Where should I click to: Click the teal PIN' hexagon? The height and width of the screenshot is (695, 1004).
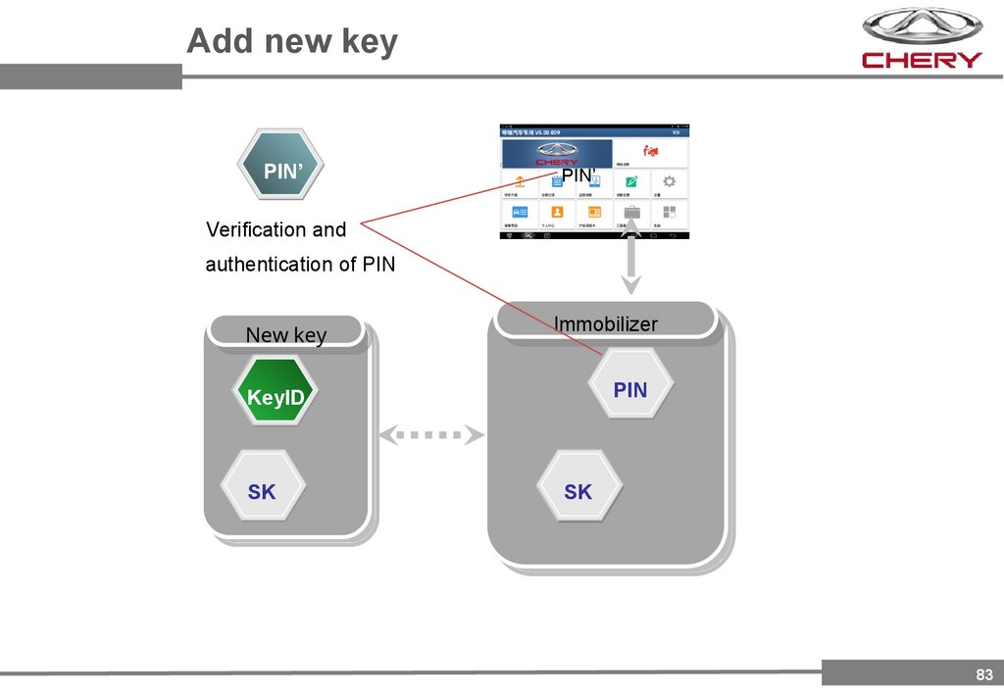[x=281, y=171]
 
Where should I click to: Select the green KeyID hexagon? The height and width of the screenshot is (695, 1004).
[x=276, y=397]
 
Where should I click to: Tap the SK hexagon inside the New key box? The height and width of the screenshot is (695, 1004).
[x=262, y=491]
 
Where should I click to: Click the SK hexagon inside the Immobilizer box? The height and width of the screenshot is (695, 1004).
[x=578, y=491]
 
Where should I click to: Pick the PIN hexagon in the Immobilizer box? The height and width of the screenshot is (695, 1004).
[x=630, y=389]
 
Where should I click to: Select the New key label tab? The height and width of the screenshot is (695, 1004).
[x=285, y=335]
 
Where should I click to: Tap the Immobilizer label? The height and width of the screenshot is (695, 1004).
[x=606, y=323]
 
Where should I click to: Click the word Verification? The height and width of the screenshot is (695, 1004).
[x=256, y=229]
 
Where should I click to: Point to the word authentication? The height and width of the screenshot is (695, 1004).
[x=280, y=264]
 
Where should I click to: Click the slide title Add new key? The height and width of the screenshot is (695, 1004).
[x=292, y=42]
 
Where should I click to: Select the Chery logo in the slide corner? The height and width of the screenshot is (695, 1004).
[x=921, y=39]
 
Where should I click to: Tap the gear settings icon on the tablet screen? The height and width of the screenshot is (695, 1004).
[x=669, y=181]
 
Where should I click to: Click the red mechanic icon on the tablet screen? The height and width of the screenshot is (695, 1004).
[x=649, y=151]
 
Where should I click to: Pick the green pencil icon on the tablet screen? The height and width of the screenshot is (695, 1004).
[x=632, y=181]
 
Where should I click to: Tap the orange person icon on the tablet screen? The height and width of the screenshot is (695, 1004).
[x=556, y=211]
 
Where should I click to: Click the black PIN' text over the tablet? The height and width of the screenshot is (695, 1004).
[x=578, y=175]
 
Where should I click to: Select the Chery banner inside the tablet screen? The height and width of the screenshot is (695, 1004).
[x=557, y=153]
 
